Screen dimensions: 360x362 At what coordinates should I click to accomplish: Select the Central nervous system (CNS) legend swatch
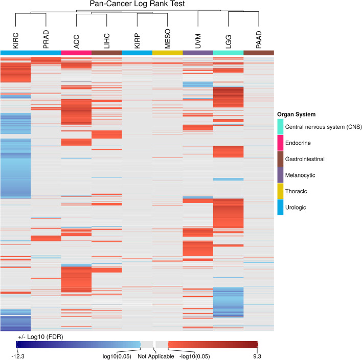[x=280, y=127]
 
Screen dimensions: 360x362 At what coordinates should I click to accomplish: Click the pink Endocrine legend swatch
[x=280, y=143]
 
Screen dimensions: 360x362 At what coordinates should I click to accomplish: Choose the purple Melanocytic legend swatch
[x=280, y=175]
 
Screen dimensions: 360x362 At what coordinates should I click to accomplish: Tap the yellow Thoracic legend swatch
[x=280, y=191]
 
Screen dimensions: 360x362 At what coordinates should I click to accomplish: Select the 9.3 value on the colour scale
[x=257, y=355]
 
